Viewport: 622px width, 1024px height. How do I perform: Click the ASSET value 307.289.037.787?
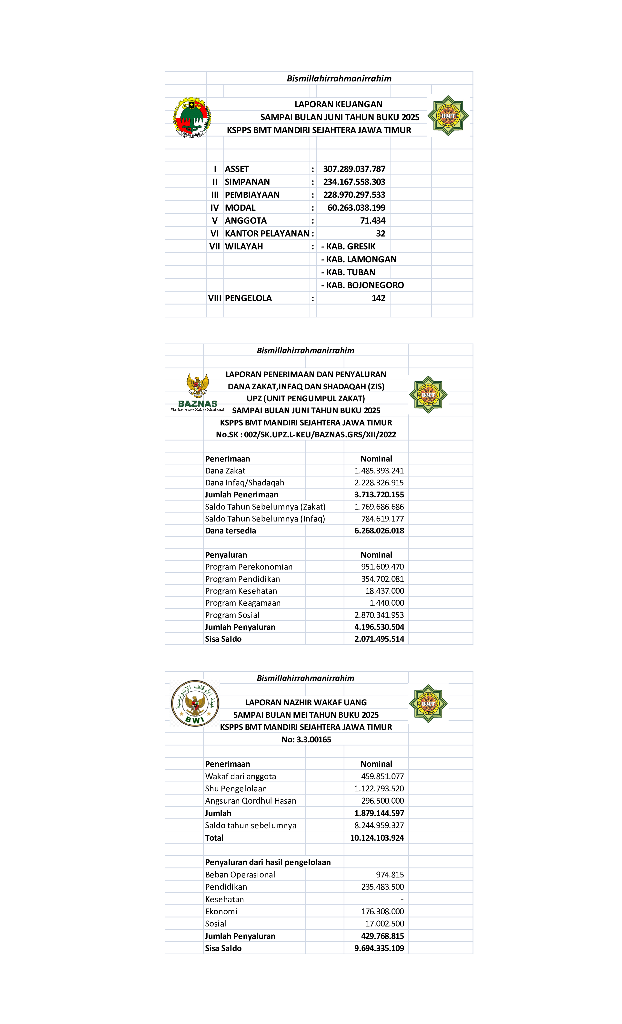tap(354, 169)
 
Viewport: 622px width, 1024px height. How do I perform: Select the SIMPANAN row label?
tap(247, 182)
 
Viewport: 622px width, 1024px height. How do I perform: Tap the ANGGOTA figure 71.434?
tap(372, 221)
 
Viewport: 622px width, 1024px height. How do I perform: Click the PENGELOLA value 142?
tap(378, 298)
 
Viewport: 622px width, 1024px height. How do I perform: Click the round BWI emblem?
tap(195, 703)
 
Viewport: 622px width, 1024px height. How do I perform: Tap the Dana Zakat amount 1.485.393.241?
tap(379, 471)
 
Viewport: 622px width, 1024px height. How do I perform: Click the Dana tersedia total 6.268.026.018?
tap(379, 531)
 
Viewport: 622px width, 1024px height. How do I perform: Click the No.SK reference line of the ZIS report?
tap(306, 435)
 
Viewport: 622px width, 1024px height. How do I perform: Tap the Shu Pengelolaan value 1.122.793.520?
tap(379, 789)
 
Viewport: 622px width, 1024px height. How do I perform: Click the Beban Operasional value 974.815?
tap(390, 875)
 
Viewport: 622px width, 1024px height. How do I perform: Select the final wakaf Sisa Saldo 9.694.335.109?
tap(379, 948)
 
